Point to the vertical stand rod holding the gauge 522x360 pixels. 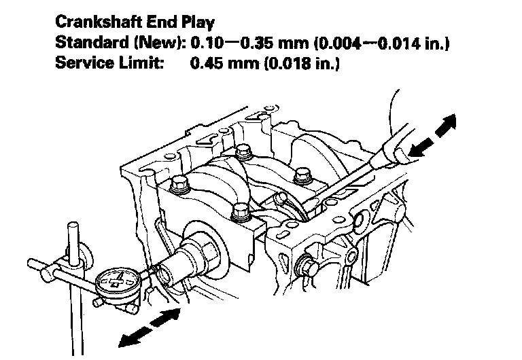73,285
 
